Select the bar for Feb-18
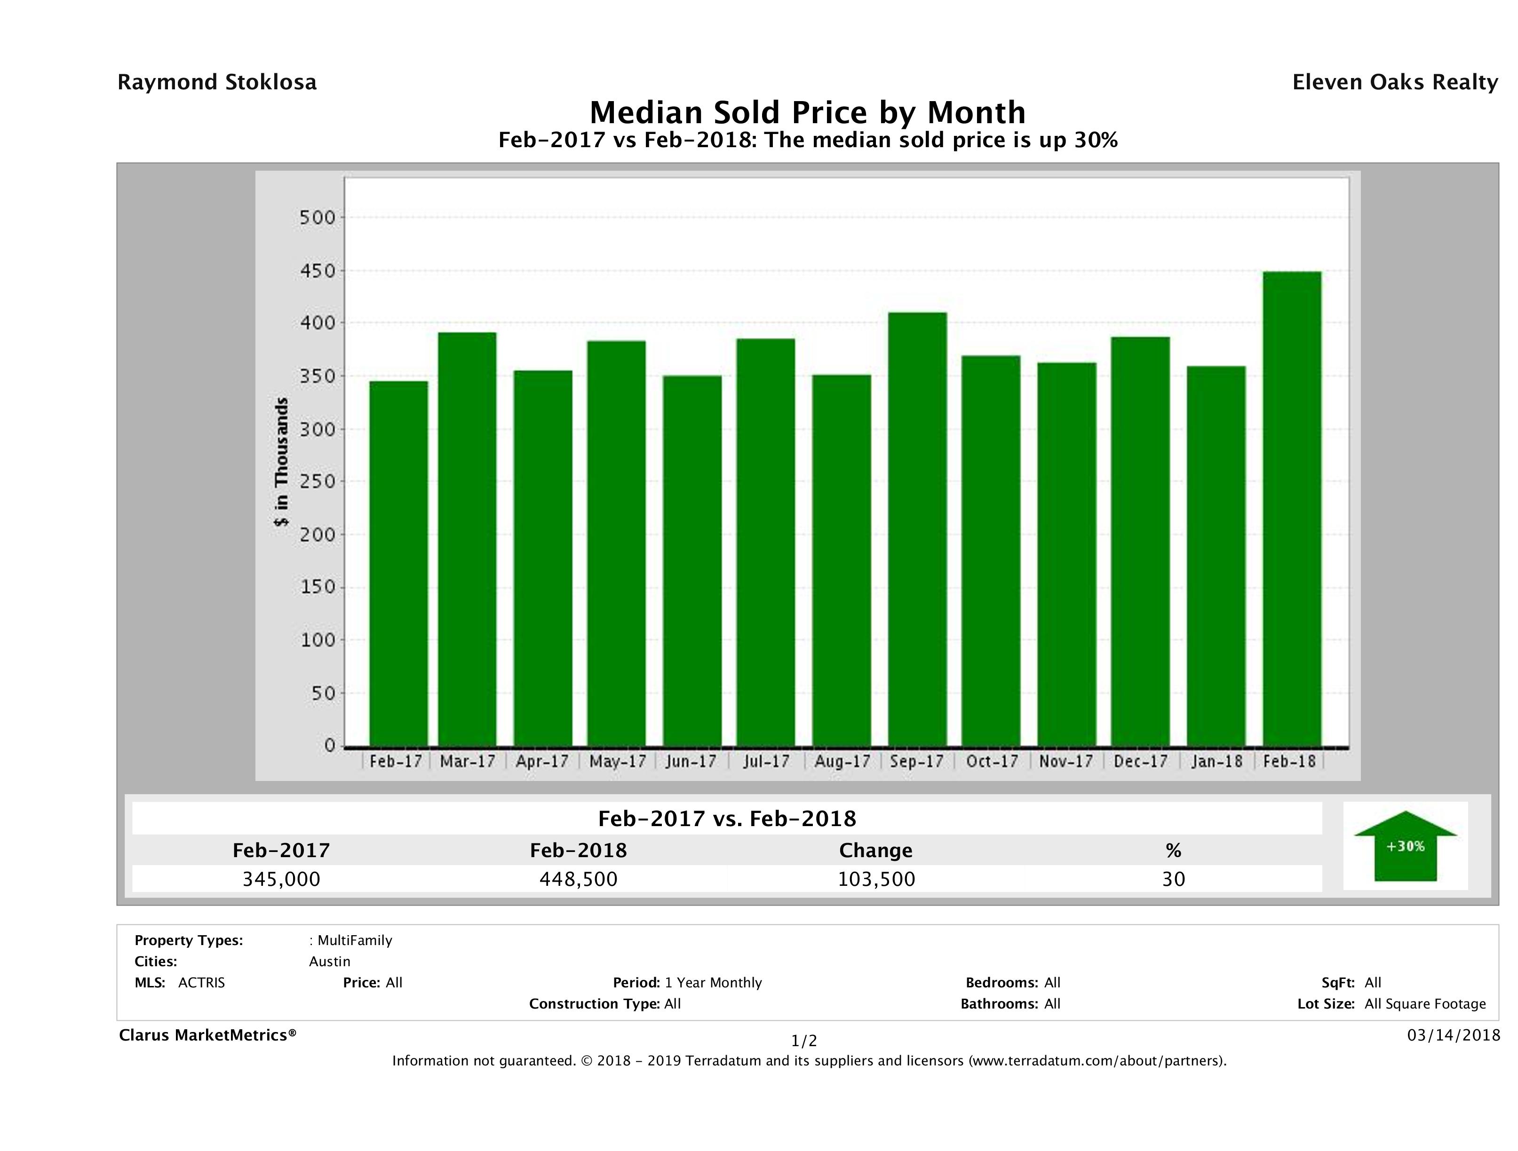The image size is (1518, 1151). tap(1292, 509)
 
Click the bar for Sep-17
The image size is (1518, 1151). tap(917, 529)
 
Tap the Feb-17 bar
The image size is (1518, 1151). tap(398, 563)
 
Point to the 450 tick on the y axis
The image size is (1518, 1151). tap(318, 271)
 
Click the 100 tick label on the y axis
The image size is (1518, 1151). tap(318, 640)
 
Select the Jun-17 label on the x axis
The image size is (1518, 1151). tap(691, 761)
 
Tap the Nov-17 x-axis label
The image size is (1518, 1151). tap(1066, 761)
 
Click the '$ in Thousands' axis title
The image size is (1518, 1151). tap(281, 462)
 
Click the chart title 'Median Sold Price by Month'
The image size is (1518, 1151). tap(808, 112)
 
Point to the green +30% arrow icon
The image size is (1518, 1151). tap(1405, 846)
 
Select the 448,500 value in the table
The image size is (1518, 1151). tap(579, 879)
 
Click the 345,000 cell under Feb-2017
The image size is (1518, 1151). tap(281, 879)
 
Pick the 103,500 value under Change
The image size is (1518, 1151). tap(876, 879)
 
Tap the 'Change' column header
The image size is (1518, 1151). tap(876, 851)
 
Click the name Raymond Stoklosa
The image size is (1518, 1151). tap(217, 82)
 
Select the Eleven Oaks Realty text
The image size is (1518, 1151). tap(1394, 82)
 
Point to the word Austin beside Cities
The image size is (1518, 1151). tap(329, 962)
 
